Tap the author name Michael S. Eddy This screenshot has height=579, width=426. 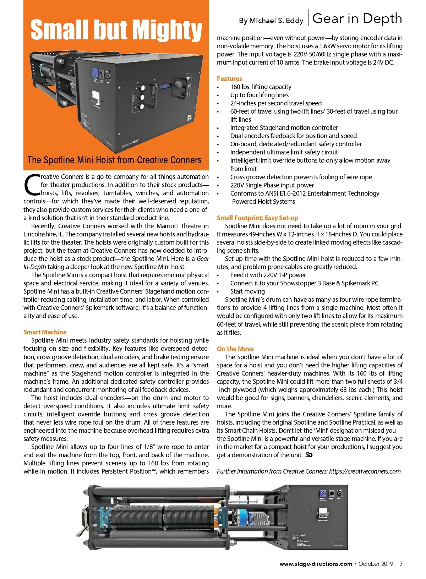coord(271,21)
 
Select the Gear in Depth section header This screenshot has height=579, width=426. coord(357,18)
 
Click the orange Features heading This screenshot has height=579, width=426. coord(229,78)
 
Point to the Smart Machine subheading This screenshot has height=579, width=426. coord(45,332)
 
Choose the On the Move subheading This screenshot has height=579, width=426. coord(235,349)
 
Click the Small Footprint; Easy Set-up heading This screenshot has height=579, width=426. coord(257,218)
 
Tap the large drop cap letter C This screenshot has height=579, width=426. coord(32,185)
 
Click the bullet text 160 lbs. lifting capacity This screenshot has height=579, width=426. coord(261,87)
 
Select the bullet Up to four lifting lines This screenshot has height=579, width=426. coord(259,95)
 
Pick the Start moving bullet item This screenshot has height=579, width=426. coord(247,291)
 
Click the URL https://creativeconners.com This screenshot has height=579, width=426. coord(365,471)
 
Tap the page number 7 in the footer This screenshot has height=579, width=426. coord(401,564)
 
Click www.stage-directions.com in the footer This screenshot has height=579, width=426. coord(316,564)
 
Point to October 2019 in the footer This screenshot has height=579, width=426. coord(376,564)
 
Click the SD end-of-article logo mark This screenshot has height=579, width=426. coord(309,455)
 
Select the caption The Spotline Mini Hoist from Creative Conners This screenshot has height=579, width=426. coord(114,160)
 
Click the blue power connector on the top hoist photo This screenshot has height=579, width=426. coord(95,72)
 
